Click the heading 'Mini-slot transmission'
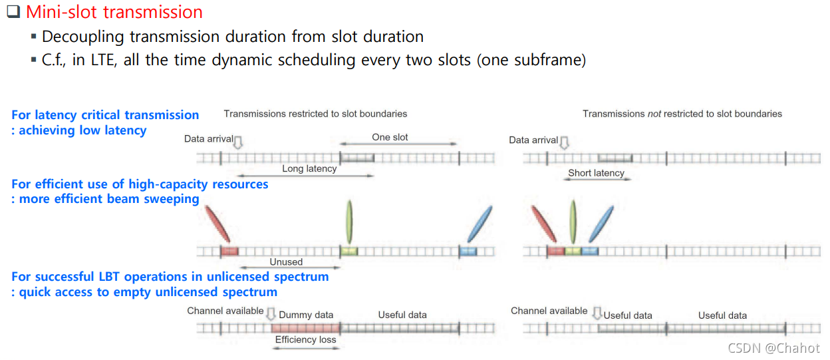click(x=114, y=12)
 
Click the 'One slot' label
click(x=390, y=137)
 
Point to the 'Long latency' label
click(x=309, y=169)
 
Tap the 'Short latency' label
click(x=596, y=173)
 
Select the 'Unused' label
click(x=286, y=262)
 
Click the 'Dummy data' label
click(x=306, y=315)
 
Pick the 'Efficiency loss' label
click(x=306, y=339)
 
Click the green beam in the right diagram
click(x=573, y=222)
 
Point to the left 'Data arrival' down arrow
click(x=239, y=142)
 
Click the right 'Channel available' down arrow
click(x=597, y=313)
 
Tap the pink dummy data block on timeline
click(x=305, y=327)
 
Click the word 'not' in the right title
click(x=655, y=114)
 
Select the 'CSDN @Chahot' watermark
click(x=773, y=348)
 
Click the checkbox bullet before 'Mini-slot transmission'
click(x=14, y=12)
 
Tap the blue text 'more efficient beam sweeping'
click(x=109, y=199)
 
